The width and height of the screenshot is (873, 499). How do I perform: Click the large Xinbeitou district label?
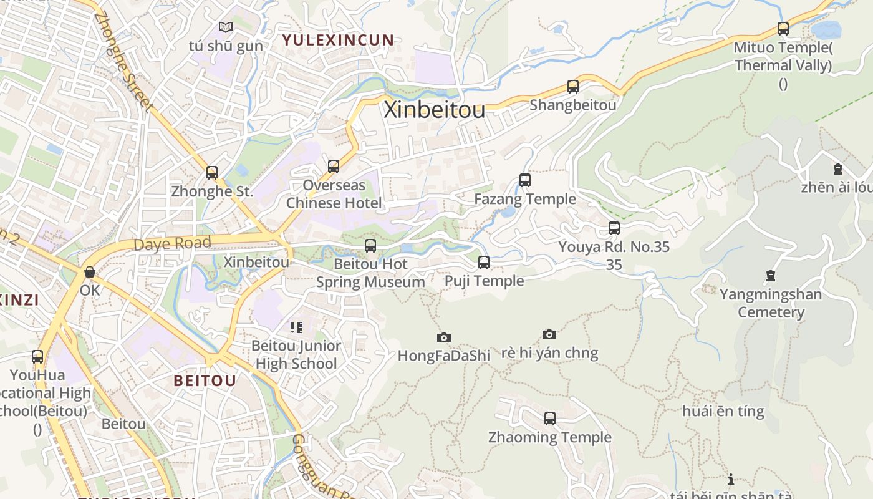click(x=434, y=110)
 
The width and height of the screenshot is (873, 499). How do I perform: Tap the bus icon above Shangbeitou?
click(x=572, y=87)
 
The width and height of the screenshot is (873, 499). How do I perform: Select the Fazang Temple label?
click(x=525, y=199)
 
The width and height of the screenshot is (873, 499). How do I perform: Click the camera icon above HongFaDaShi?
click(x=443, y=338)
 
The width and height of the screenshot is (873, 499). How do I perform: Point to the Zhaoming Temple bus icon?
click(x=549, y=419)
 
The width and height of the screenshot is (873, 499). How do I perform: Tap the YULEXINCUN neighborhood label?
click(x=338, y=41)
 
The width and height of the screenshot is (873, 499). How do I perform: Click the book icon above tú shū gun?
click(x=225, y=27)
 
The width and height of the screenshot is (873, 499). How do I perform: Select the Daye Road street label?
click(x=172, y=243)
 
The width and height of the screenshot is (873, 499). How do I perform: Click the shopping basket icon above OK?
click(x=90, y=273)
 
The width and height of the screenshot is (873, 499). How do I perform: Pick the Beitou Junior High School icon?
click(x=296, y=327)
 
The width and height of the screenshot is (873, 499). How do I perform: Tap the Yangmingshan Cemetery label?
click(x=771, y=303)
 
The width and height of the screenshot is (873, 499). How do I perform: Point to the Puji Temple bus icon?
click(x=484, y=263)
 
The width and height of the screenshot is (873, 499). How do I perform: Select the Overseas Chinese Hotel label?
click(x=334, y=194)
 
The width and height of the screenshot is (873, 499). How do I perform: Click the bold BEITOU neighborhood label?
click(x=205, y=380)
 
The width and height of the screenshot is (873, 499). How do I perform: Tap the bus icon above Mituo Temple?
click(x=783, y=29)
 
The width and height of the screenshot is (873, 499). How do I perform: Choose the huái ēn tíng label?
click(x=723, y=411)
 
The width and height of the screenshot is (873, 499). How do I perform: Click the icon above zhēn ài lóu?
click(x=837, y=169)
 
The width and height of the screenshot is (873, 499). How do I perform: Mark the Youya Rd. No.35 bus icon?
click(x=614, y=228)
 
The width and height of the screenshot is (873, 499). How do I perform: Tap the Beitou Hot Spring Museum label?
click(x=370, y=273)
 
